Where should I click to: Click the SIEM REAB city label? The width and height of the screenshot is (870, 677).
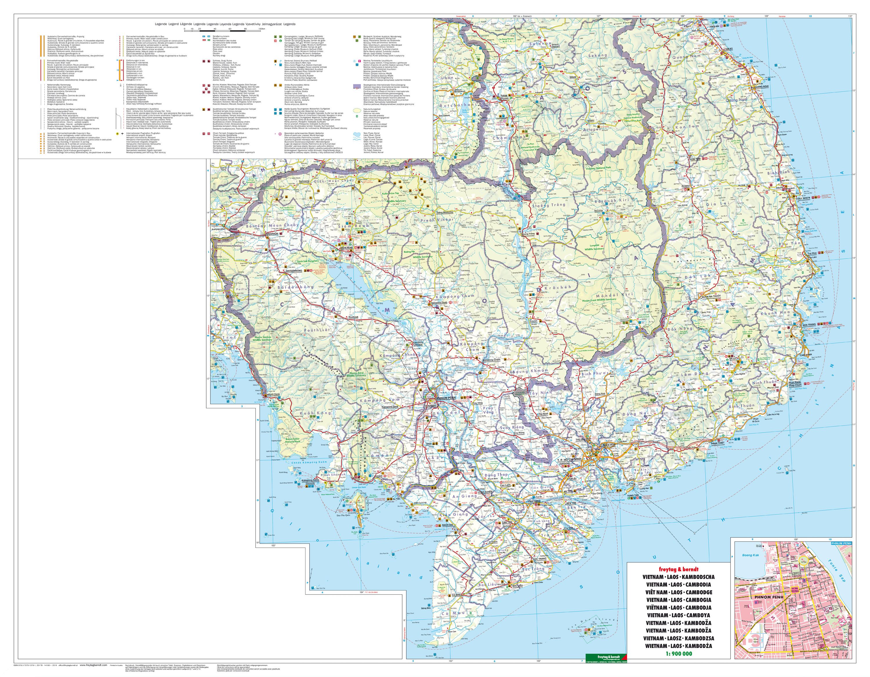pyautogui.click(x=346, y=248)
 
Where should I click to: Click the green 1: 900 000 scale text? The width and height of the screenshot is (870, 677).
pyautogui.click(x=679, y=653)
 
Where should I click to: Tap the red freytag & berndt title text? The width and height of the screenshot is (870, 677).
pyautogui.click(x=679, y=569)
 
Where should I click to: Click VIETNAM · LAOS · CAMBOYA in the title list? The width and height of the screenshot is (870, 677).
pyautogui.click(x=679, y=615)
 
